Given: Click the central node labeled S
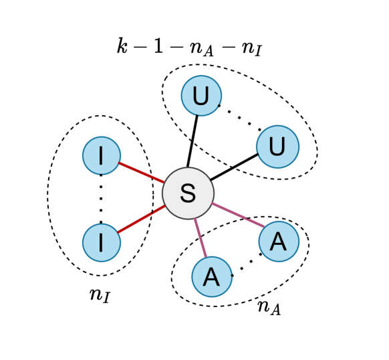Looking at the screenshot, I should pyautogui.click(x=188, y=193).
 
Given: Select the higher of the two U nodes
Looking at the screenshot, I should pyautogui.click(x=201, y=96).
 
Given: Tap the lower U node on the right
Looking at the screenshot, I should pyautogui.click(x=277, y=146).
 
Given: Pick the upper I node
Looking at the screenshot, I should pyautogui.click(x=102, y=155).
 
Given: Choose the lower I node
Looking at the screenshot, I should pyautogui.click(x=102, y=242).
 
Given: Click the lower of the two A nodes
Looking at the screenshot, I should pyautogui.click(x=211, y=276).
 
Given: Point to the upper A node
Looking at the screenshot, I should pyautogui.click(x=279, y=242).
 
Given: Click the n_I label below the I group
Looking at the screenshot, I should pyautogui.click(x=100, y=294).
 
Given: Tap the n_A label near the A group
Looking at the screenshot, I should pyautogui.click(x=269, y=307).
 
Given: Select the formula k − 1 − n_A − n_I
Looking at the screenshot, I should pyautogui.click(x=189, y=47).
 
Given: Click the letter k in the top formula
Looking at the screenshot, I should pyautogui.click(x=122, y=46).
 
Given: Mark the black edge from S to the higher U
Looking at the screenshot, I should pyautogui.click(x=194, y=141).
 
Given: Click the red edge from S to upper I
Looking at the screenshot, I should pyautogui.click(x=141, y=172).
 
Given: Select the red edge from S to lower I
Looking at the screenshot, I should pyautogui.click(x=141, y=219).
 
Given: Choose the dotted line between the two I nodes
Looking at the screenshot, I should pyautogui.click(x=102, y=199).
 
